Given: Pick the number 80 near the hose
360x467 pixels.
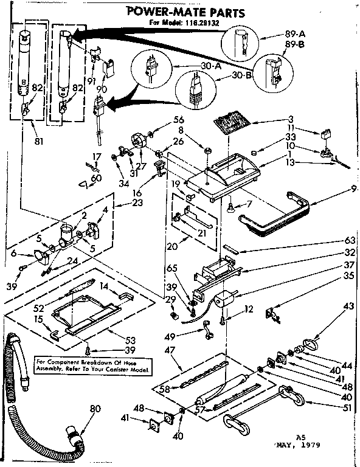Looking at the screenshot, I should (94, 409).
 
